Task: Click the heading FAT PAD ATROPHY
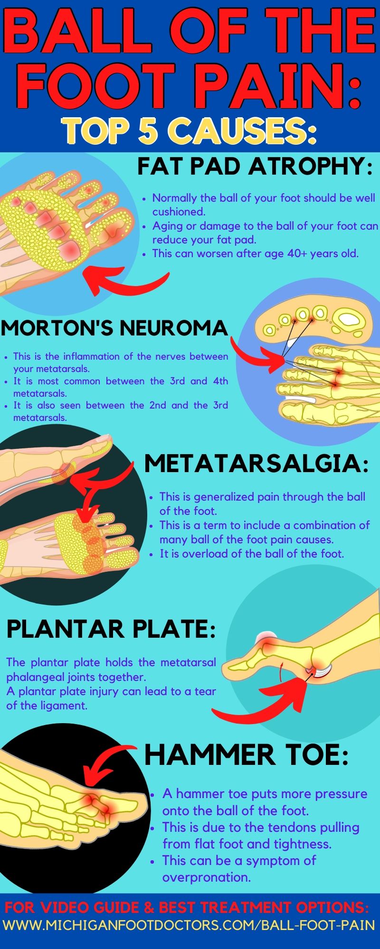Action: [x=255, y=167]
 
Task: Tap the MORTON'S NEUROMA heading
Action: [x=114, y=328]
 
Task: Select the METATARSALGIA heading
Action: [x=256, y=464]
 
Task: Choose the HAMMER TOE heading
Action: [x=247, y=754]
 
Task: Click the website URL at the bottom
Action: [x=190, y=925]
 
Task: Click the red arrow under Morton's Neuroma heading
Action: [x=256, y=356]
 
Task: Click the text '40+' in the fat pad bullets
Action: [x=297, y=253]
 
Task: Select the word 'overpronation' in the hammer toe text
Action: [x=207, y=877]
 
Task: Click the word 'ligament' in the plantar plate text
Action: [x=66, y=706]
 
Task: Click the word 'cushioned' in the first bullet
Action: [x=179, y=212]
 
